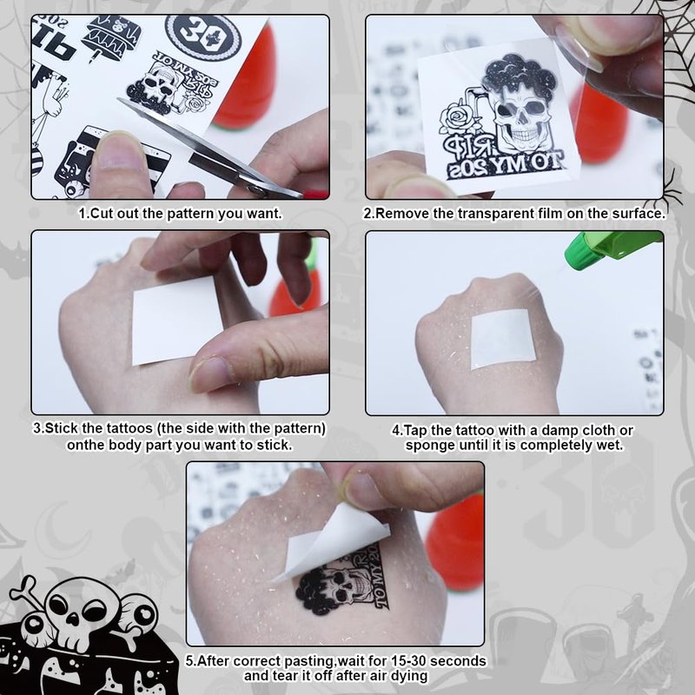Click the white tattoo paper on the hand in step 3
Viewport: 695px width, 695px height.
pyautogui.click(x=177, y=321)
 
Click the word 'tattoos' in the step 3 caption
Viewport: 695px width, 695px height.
pyautogui.click(x=129, y=428)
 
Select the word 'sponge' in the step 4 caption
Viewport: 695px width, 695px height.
pyautogui.click(x=428, y=446)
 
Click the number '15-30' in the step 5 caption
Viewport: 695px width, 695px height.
pyautogui.click(x=407, y=661)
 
